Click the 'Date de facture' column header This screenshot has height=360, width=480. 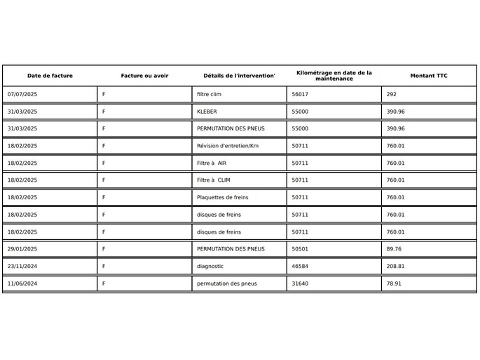[50, 76]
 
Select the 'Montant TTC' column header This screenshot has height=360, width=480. [429, 76]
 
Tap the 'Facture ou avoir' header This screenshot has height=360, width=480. [144, 76]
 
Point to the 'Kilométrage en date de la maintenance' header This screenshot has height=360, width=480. [334, 76]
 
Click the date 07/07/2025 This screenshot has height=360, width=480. [22, 94]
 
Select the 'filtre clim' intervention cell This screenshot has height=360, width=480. [209, 94]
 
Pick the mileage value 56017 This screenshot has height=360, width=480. [300, 94]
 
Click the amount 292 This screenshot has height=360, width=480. [392, 94]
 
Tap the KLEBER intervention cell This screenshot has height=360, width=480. [207, 112]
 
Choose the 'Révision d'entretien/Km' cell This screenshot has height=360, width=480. [228, 146]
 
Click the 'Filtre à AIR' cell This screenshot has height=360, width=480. [212, 163]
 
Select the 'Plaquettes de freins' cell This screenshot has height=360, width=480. [222, 197]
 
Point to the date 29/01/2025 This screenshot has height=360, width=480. [22, 248]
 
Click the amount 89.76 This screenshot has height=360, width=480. [395, 248]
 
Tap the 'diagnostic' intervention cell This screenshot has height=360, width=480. [210, 266]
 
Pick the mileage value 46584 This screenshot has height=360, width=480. [300, 266]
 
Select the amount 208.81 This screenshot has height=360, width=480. [396, 266]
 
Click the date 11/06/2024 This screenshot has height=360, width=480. [22, 284]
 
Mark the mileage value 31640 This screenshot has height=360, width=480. [300, 284]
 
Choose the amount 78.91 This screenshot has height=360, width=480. [395, 284]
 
